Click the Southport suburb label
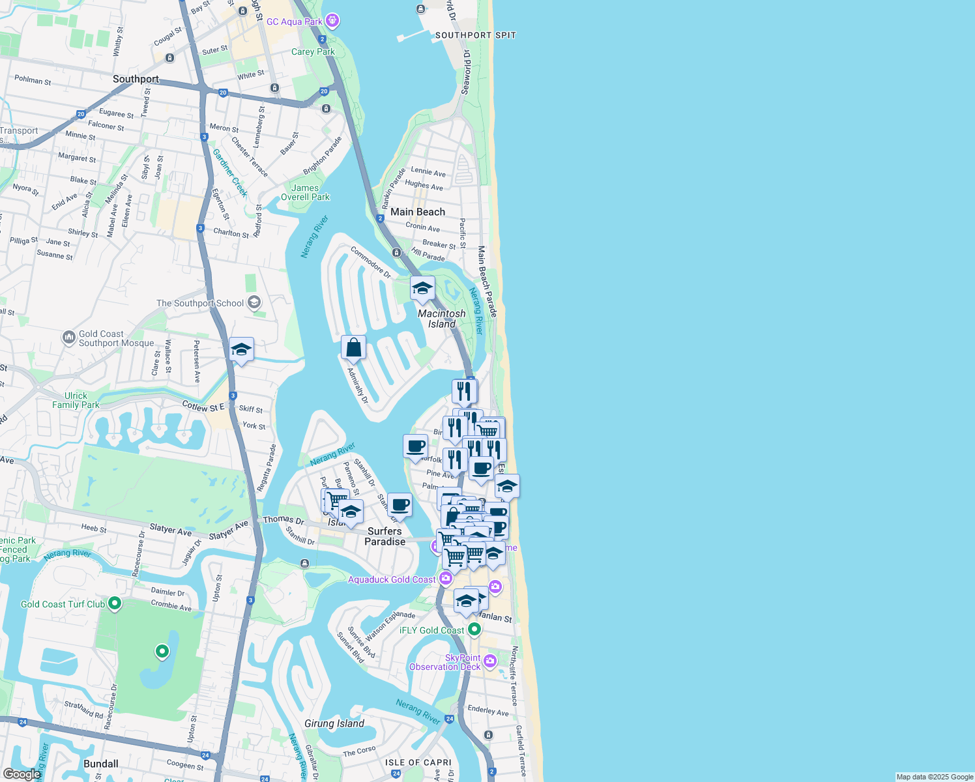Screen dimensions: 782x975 coord(136,79)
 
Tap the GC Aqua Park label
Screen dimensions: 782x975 coord(295,22)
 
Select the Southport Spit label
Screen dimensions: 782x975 coord(475,35)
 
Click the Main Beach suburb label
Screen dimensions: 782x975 coord(418,212)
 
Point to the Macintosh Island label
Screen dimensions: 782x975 coord(442,319)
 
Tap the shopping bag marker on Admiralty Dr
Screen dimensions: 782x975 coord(353,348)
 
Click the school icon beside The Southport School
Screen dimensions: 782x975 coord(254,302)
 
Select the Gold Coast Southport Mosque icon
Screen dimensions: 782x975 coord(68,338)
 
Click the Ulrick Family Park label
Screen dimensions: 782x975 coord(76,400)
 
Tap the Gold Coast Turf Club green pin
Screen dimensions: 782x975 coord(115,603)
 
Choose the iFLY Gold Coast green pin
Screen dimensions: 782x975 coord(474,630)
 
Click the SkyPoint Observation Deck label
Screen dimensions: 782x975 coord(445,662)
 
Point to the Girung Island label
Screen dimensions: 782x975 coord(334,723)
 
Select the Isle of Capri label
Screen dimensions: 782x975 coord(418,762)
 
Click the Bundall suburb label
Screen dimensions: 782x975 coord(101,764)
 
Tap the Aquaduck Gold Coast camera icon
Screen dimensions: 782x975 coord(446,578)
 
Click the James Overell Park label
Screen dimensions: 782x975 coord(305,192)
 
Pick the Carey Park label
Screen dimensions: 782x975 coord(313,51)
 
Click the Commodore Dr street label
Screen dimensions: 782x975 coord(371,262)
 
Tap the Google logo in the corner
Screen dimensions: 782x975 coord(22,774)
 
